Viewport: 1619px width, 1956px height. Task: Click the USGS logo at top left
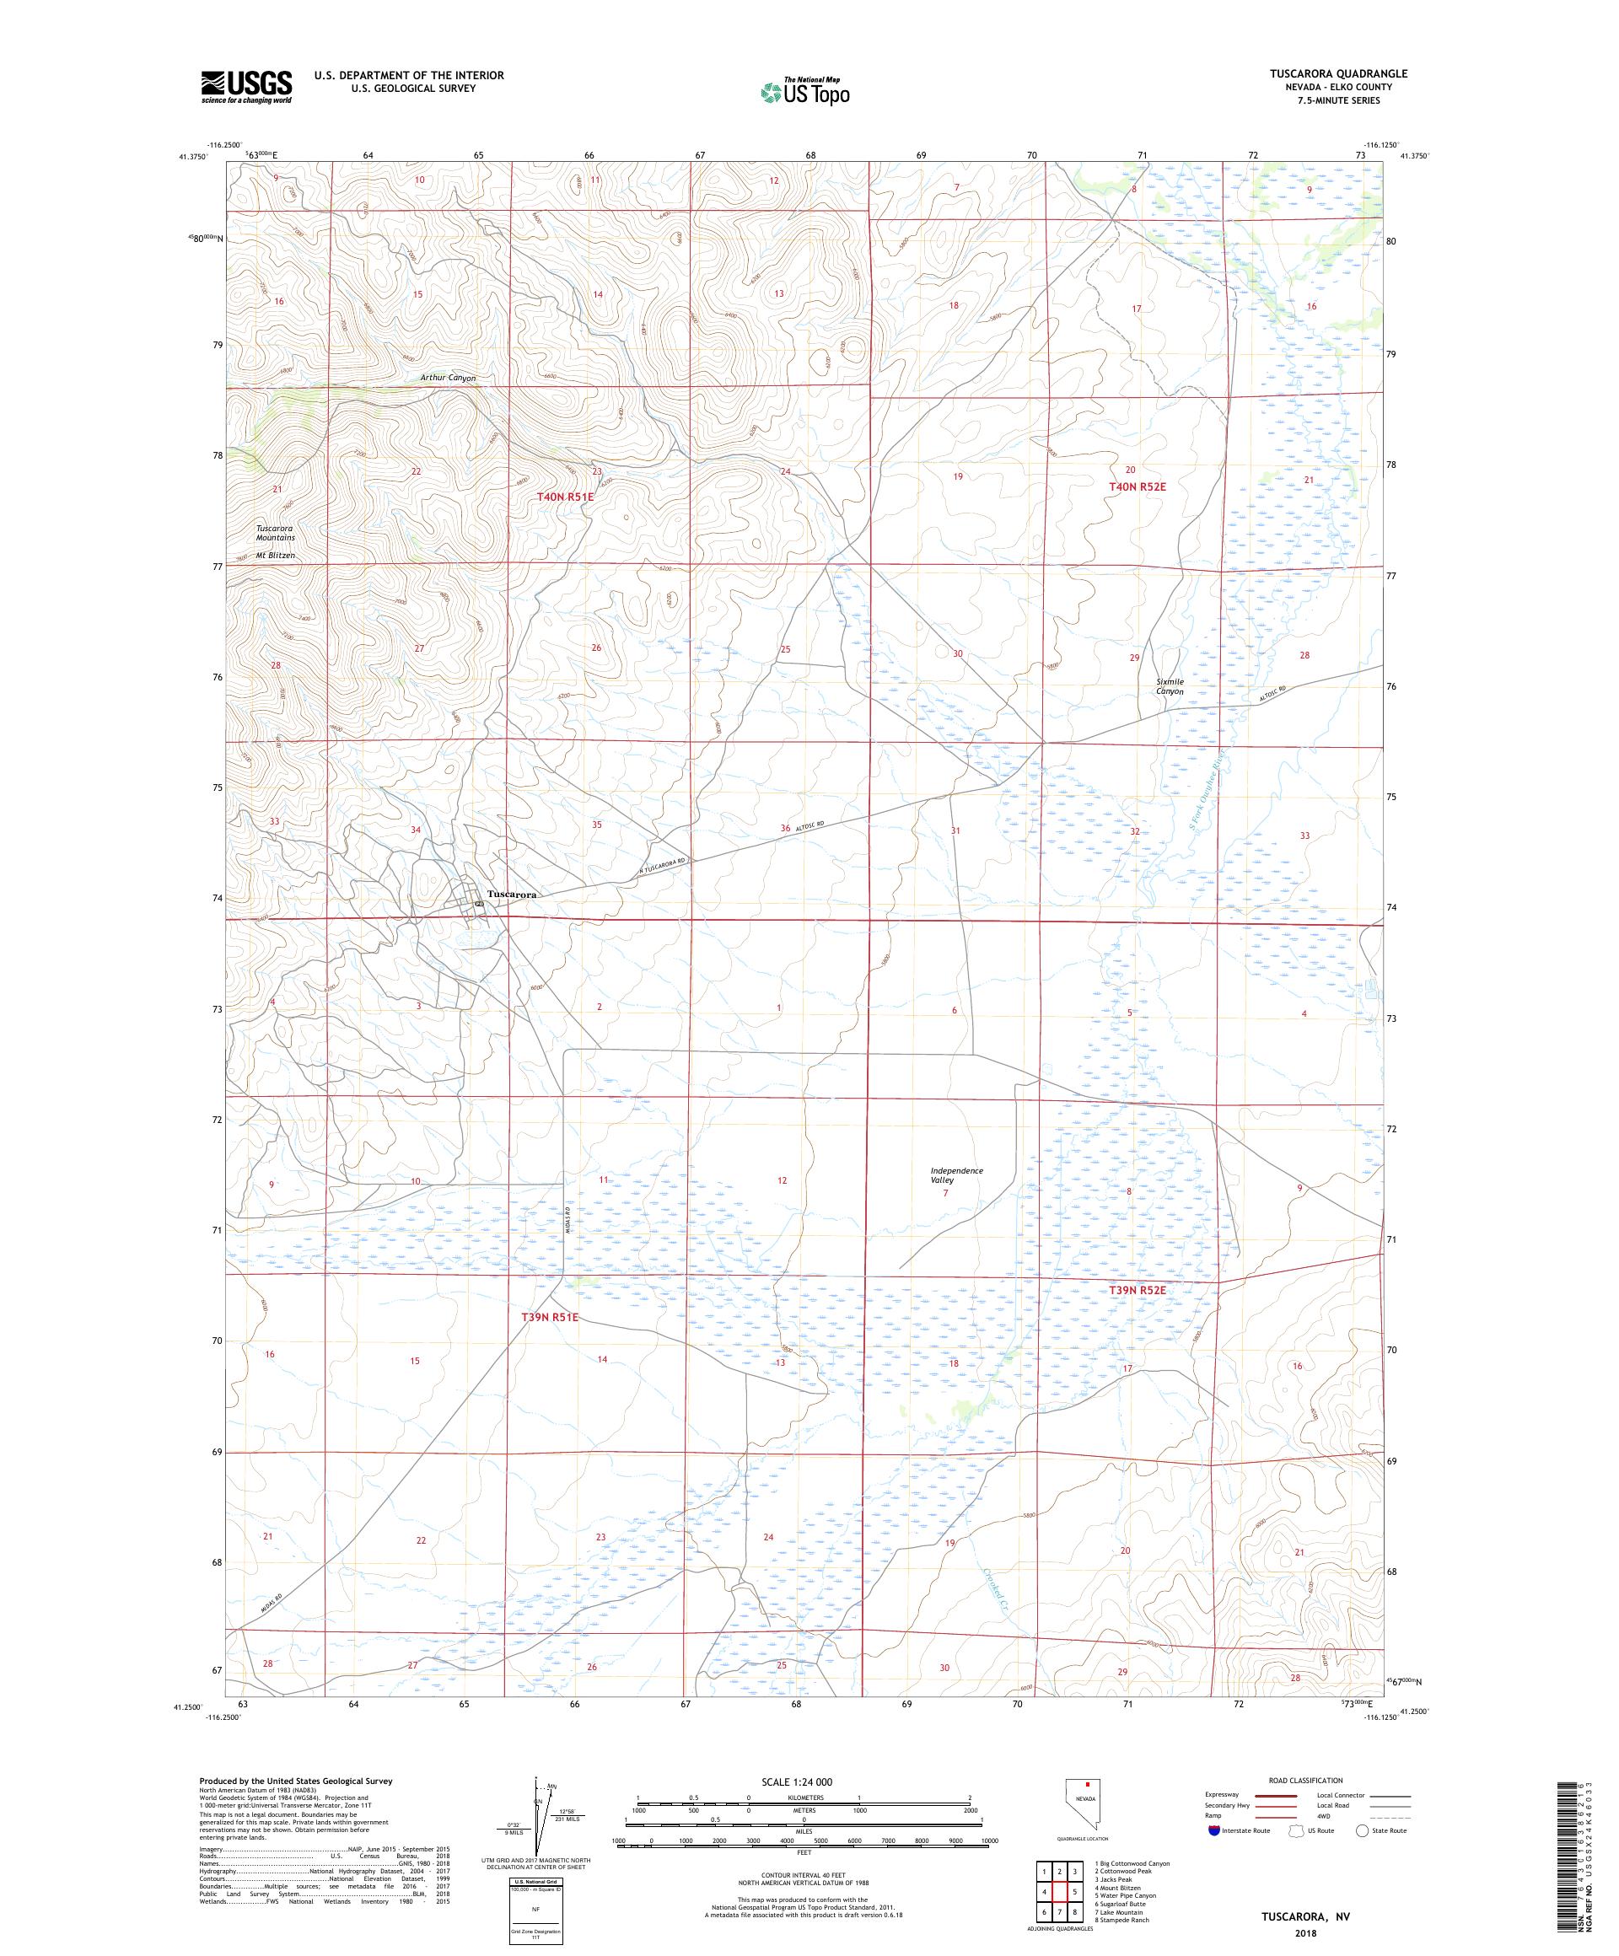pos(246,87)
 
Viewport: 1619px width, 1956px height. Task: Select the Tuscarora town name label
pos(511,893)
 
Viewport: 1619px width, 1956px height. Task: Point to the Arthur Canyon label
pos(447,379)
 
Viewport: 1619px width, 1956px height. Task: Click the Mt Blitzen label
pos(276,555)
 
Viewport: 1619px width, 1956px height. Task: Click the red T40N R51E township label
pos(564,497)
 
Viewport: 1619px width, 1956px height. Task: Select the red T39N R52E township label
pos(1137,1290)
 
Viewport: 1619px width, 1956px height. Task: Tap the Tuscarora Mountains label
pos(276,533)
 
